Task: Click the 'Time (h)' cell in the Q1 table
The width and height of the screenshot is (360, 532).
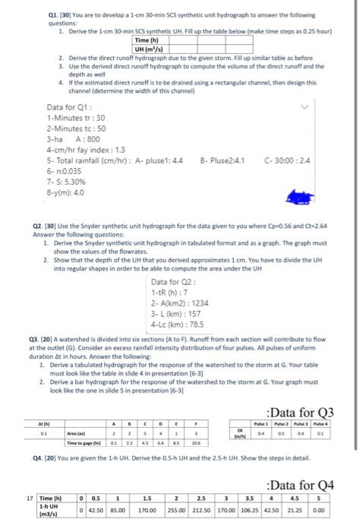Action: pos(145,40)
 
